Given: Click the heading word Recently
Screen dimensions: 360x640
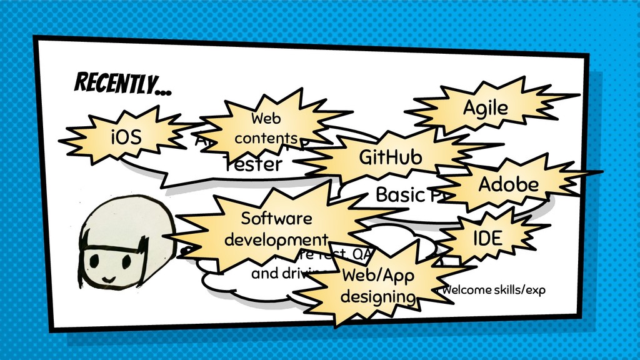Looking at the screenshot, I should (122, 83).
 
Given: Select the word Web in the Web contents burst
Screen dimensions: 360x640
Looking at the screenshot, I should (266, 118).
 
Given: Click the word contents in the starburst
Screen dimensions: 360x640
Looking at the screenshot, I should (266, 137).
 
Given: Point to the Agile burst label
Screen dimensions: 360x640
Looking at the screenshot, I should (485, 108).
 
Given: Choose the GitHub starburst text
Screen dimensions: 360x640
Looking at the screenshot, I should (390, 157).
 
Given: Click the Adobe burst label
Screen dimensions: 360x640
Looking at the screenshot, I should (508, 184).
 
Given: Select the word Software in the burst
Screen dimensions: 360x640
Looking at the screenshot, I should (276, 219).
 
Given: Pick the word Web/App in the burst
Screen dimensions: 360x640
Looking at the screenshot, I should (378, 276).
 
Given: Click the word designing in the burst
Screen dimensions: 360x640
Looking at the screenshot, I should (378, 296).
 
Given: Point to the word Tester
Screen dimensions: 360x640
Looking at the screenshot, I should (252, 164).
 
